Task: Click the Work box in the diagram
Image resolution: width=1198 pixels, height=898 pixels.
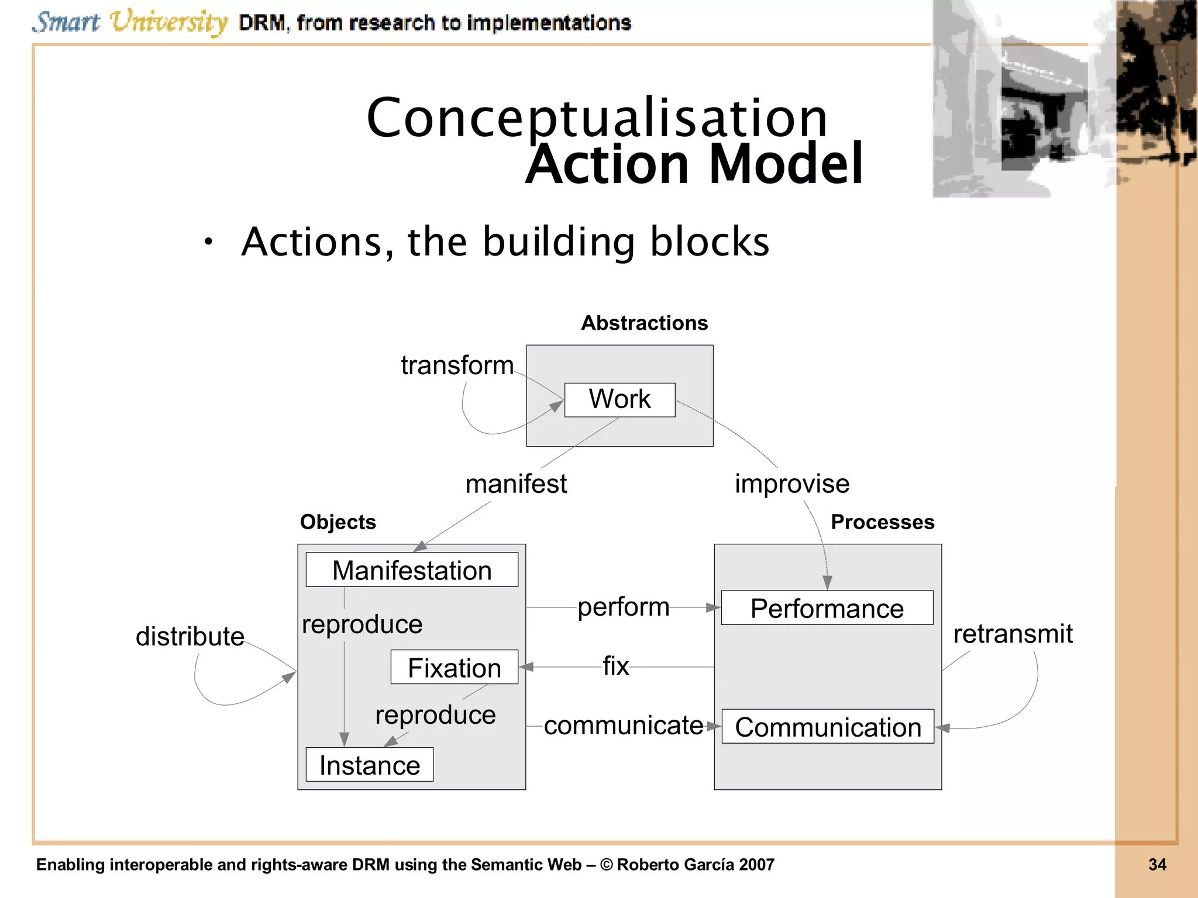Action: coord(619,400)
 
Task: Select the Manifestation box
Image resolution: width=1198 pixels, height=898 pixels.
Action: coord(412,570)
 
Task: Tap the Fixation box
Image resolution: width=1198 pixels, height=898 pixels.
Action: coord(455,667)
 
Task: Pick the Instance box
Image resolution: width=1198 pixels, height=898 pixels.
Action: coord(369,765)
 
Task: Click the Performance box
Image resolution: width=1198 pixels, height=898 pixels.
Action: coord(827,608)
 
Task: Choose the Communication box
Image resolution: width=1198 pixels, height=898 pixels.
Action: coord(828,727)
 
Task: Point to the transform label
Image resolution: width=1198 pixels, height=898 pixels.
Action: coord(457,365)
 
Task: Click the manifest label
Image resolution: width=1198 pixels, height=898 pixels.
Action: coord(516,484)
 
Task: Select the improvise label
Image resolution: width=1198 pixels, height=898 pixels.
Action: coord(792,484)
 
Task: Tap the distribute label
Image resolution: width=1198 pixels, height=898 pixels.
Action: coord(190,636)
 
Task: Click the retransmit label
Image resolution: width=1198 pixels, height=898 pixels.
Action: coord(1013,634)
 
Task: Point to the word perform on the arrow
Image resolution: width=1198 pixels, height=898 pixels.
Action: coord(624,607)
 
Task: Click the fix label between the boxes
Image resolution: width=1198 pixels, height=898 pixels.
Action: coord(616,666)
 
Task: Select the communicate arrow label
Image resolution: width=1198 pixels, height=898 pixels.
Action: coord(624,726)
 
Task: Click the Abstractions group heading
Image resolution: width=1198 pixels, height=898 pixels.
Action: coord(644,323)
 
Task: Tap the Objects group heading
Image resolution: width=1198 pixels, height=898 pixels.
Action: coord(338,522)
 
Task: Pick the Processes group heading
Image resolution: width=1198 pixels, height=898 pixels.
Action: coord(882,522)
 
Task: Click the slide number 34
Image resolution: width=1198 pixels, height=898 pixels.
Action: coord(1157,865)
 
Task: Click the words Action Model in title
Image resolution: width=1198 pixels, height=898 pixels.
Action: coord(694,164)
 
